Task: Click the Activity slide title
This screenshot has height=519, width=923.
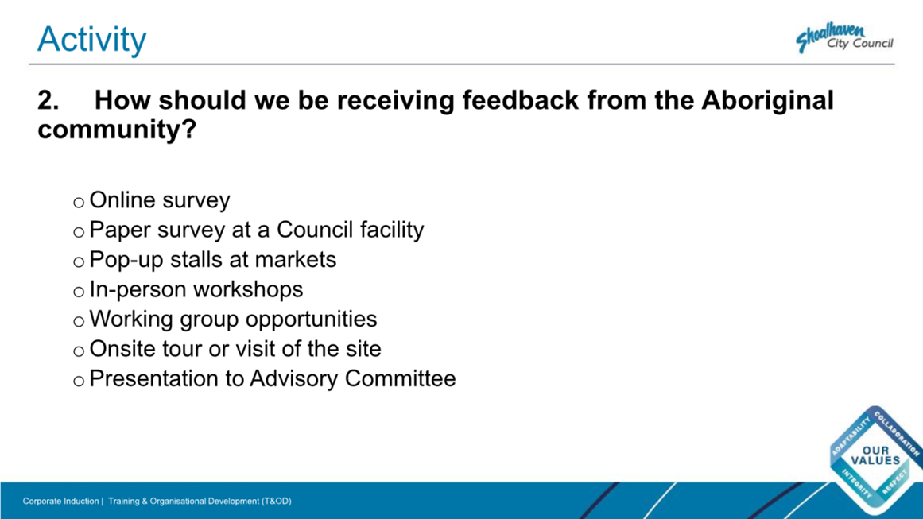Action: [x=92, y=40]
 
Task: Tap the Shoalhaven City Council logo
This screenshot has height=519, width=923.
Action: [x=844, y=38]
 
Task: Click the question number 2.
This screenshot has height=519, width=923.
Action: [x=48, y=100]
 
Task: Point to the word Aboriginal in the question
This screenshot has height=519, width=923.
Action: [x=767, y=101]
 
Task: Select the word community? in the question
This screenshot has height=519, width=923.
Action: [x=117, y=130]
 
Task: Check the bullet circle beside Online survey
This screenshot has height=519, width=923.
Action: [x=78, y=203]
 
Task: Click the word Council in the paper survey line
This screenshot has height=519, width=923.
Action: [x=315, y=230]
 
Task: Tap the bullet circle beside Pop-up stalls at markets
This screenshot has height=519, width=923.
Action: [x=78, y=262]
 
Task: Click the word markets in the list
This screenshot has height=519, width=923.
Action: [x=296, y=259]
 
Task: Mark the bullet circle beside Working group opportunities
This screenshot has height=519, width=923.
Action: [x=78, y=322]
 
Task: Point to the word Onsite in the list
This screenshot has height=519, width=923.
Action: [x=122, y=349]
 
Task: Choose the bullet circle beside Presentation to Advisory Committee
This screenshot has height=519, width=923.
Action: [x=78, y=382]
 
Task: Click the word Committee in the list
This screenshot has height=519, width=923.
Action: [x=400, y=378]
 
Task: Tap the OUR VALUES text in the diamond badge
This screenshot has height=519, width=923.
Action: [x=875, y=455]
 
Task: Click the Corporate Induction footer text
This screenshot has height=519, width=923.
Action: [x=60, y=502]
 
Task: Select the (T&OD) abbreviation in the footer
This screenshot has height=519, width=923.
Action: [x=277, y=502]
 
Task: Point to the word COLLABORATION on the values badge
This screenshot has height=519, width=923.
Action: [x=896, y=433]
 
